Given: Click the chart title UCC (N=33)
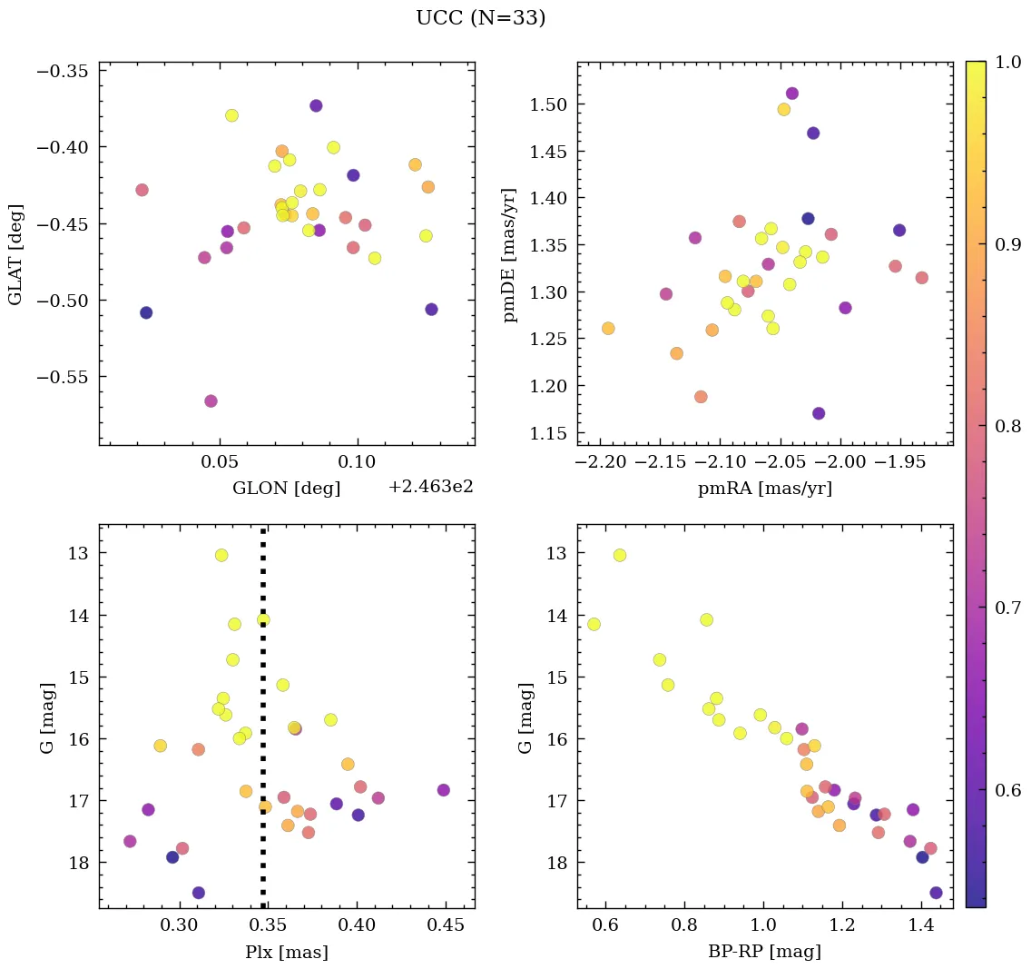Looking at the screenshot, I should tap(480, 18).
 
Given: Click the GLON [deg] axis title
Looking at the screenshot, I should tap(286, 489).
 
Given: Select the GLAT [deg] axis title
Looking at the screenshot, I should tap(15, 253).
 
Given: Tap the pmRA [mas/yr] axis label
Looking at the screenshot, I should tap(764, 489).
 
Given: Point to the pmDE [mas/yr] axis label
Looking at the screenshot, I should tap(510, 253).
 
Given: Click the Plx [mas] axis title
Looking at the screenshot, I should tap(286, 953).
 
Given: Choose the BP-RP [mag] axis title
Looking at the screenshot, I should tap(764, 953).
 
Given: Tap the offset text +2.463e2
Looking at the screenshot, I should tap(430, 488).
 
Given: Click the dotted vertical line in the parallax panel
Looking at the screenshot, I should tap(263, 727).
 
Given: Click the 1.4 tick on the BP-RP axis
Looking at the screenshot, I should tap(921, 927).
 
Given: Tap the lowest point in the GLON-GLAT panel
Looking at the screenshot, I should tap(211, 401).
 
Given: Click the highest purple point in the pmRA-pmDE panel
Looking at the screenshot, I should tap(792, 94).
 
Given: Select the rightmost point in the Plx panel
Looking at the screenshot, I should tap(443, 790).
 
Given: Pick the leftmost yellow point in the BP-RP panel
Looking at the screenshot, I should tap(594, 624).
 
